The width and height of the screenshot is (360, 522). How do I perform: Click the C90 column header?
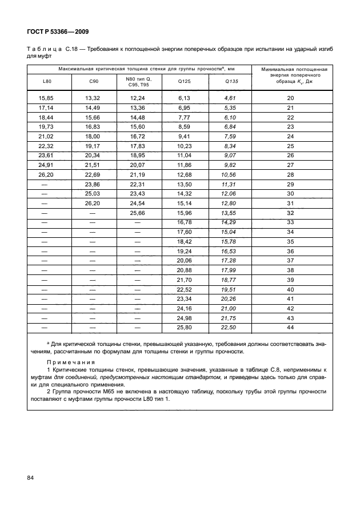(93, 82)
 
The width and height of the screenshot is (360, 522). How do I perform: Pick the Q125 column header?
(184, 82)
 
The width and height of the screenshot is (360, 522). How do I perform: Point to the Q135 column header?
(230, 82)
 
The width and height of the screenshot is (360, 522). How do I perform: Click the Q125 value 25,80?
(184, 327)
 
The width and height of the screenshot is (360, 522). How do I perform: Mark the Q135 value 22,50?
(230, 327)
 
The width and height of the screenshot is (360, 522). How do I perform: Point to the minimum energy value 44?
(290, 327)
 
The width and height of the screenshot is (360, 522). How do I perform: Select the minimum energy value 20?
(290, 98)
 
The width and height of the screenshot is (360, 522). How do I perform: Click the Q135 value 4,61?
(230, 98)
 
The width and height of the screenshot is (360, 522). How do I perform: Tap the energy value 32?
(290, 213)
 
